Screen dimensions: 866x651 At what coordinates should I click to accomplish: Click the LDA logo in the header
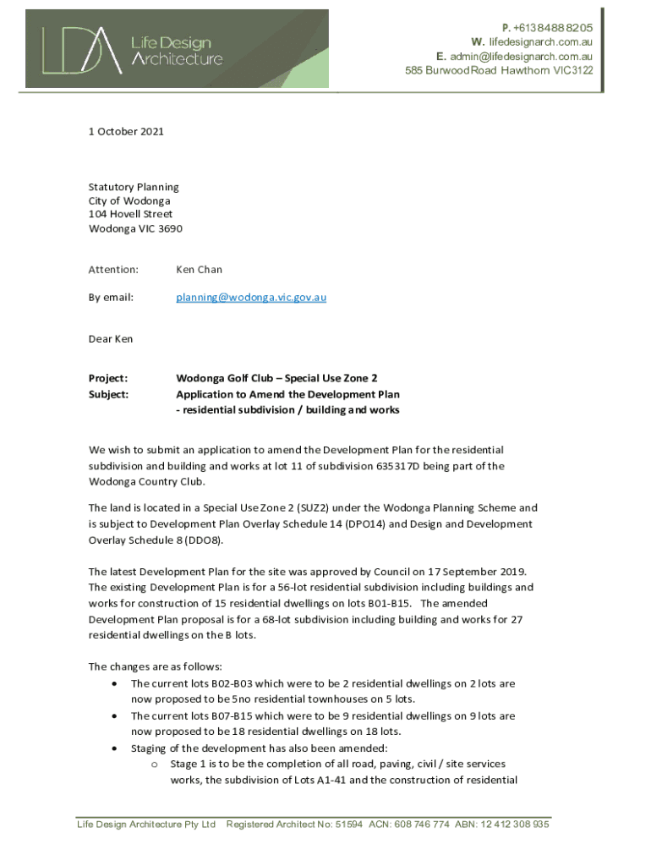point(80,48)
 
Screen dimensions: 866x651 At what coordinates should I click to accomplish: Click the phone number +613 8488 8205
point(550,28)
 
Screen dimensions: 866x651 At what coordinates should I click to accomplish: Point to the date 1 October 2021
point(126,132)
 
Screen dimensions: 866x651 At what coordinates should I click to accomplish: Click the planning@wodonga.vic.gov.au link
point(251,298)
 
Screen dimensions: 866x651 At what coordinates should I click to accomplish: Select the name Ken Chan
point(199,270)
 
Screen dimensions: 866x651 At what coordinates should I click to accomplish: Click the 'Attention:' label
point(113,270)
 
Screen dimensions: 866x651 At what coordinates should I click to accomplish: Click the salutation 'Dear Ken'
point(111,339)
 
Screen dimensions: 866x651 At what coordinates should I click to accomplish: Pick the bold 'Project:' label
point(108,378)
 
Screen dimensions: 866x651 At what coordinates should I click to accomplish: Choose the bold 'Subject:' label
point(108,394)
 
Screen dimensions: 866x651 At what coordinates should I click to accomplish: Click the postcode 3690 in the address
point(169,228)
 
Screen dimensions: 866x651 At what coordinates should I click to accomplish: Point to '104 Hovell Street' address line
point(130,215)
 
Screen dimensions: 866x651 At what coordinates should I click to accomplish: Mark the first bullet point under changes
point(113,683)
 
